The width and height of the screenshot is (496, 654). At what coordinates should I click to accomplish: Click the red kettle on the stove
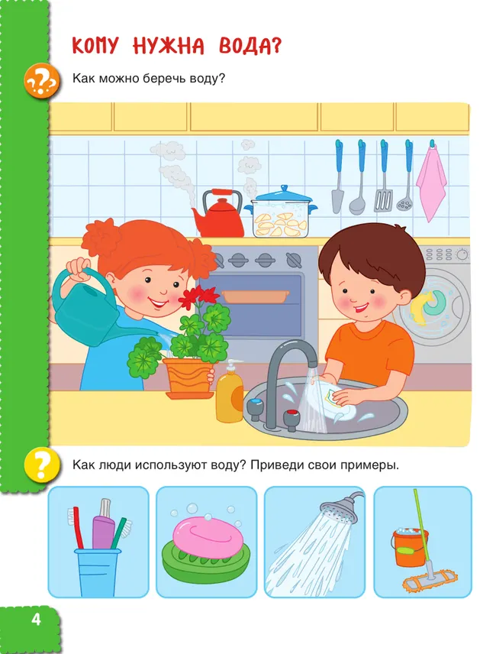(x=218, y=217)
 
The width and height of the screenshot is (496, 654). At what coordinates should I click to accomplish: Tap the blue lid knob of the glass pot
(x=284, y=189)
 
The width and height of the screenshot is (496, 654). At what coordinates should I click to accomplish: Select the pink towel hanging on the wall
(x=432, y=183)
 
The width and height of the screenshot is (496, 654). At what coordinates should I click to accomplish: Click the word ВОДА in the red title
(x=250, y=46)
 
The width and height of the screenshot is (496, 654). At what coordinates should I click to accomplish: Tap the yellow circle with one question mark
(x=40, y=465)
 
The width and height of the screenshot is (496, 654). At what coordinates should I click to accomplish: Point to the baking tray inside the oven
(x=256, y=296)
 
